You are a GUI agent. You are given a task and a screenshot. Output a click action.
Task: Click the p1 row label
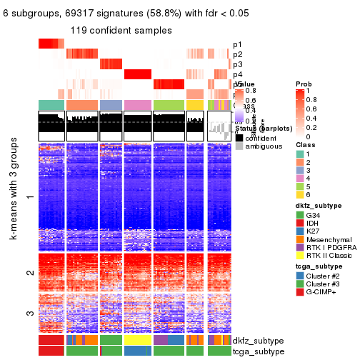(237, 44)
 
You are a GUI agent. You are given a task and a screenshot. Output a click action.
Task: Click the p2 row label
(237, 54)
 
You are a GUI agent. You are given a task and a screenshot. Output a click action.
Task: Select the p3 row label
(237, 64)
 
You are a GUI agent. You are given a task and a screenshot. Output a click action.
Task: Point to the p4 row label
(237, 74)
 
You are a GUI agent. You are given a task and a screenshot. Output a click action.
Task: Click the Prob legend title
(304, 84)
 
